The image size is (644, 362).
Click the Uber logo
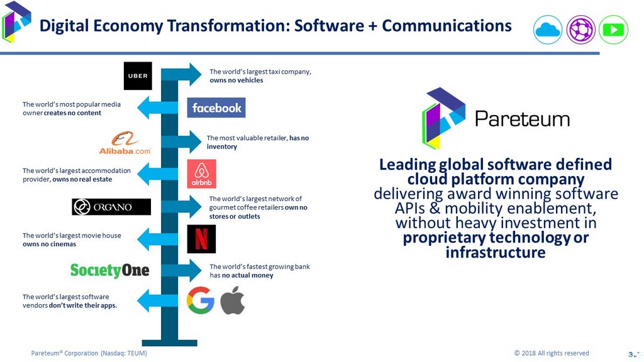138,76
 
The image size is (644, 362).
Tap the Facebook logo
216,107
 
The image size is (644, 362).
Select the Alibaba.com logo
125,143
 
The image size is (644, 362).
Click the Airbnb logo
201,173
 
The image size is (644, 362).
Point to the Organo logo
111,207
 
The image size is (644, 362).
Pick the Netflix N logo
201,239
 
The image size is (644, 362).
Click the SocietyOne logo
110,270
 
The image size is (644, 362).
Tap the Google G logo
201,300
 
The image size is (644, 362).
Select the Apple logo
232,300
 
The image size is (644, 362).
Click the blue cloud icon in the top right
547,30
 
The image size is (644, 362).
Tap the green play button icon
613,30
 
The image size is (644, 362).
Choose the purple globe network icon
580,30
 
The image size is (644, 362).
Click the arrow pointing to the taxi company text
186,75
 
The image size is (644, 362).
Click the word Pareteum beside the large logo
522,118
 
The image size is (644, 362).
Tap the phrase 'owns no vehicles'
236,80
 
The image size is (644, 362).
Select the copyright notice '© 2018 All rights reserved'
552,353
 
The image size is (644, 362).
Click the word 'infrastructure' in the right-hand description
495,253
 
